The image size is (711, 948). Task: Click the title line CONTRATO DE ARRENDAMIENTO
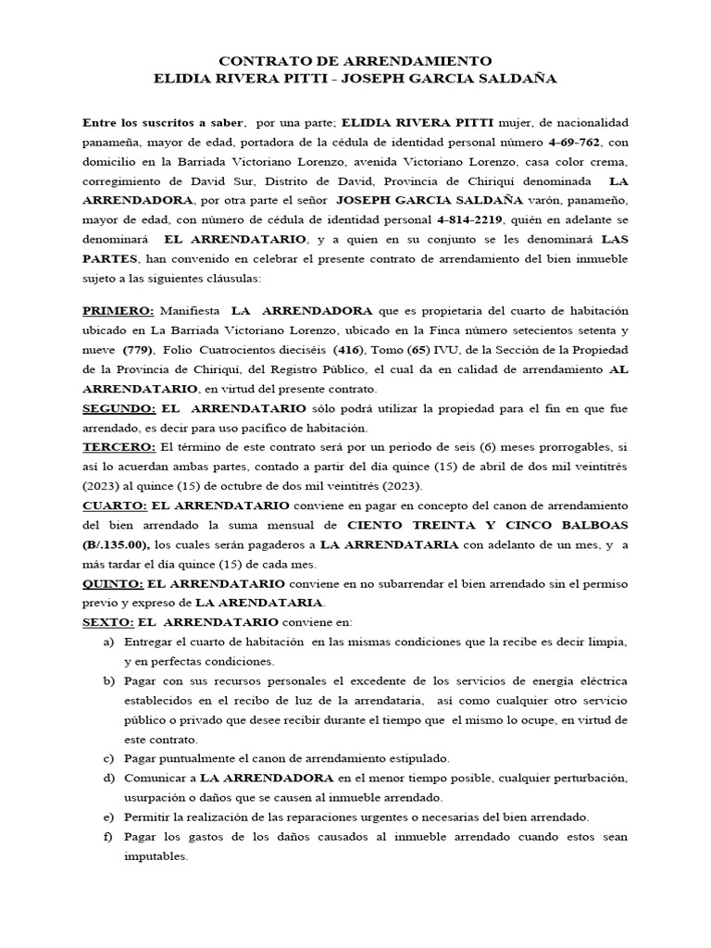click(355, 60)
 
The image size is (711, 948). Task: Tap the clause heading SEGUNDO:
click(118, 408)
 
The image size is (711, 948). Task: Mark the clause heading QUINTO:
click(113, 584)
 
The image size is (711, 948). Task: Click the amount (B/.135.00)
click(118, 544)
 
